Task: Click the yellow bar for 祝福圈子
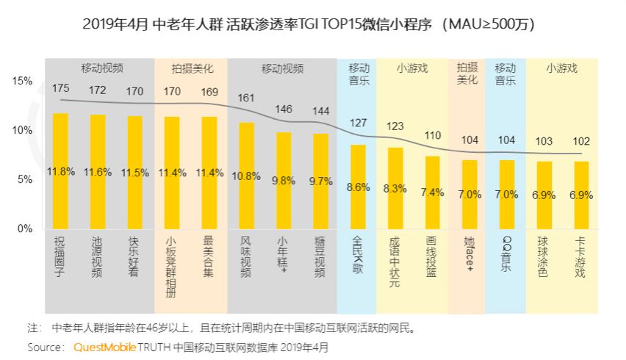[60, 170]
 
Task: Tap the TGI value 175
[60, 88]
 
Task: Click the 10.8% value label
[247, 176]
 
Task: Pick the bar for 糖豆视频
[320, 181]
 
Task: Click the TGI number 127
[357, 123]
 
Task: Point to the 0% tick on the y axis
[26, 228]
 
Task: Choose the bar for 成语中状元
[395, 188]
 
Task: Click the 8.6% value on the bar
[358, 187]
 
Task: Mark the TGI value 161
[246, 98]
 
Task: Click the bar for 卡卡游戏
[581, 195]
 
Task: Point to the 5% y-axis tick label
[26, 179]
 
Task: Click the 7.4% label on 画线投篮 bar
[433, 192]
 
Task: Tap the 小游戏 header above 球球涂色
[562, 68]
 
